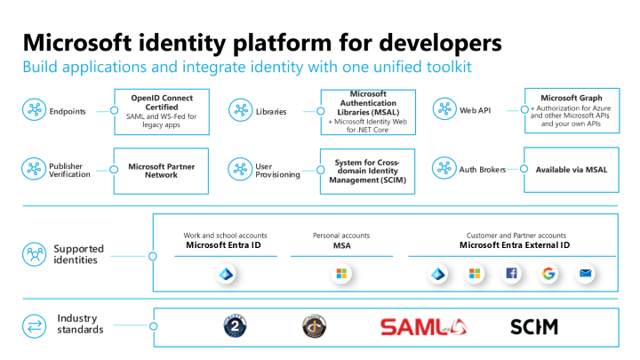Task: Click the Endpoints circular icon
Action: (34, 110)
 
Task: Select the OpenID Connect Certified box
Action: (161, 111)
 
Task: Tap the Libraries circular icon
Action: (240, 110)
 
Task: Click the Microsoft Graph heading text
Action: (571, 98)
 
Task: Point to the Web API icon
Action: (444, 110)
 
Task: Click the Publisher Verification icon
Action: (34, 169)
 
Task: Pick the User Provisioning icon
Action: (240, 169)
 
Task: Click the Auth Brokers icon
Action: (444, 169)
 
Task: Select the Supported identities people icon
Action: (34, 255)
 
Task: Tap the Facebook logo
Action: (511, 273)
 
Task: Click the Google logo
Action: (548, 273)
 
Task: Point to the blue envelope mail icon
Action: (585, 273)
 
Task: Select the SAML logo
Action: (423, 327)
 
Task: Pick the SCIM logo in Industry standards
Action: (533, 327)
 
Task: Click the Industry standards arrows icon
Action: (34, 325)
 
